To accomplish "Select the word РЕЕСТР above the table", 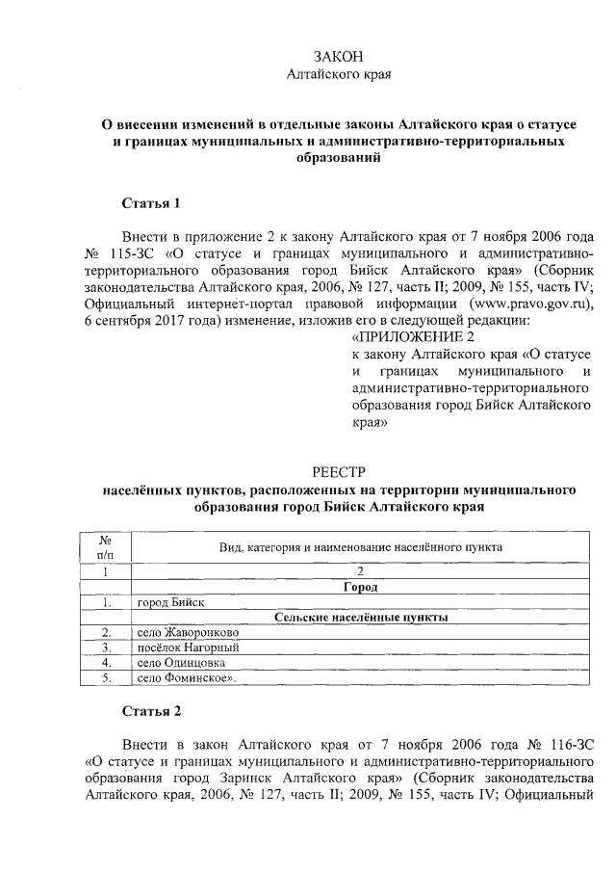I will click(x=339, y=472).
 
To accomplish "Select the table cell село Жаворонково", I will click(x=182, y=632).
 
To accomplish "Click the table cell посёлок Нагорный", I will click(x=187, y=647).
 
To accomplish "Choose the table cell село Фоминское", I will click(x=187, y=678).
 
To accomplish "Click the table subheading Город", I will click(x=360, y=586).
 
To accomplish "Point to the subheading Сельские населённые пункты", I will click(x=360, y=617).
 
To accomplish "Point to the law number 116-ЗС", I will click(x=560, y=745).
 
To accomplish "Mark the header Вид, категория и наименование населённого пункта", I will click(x=360, y=546).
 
